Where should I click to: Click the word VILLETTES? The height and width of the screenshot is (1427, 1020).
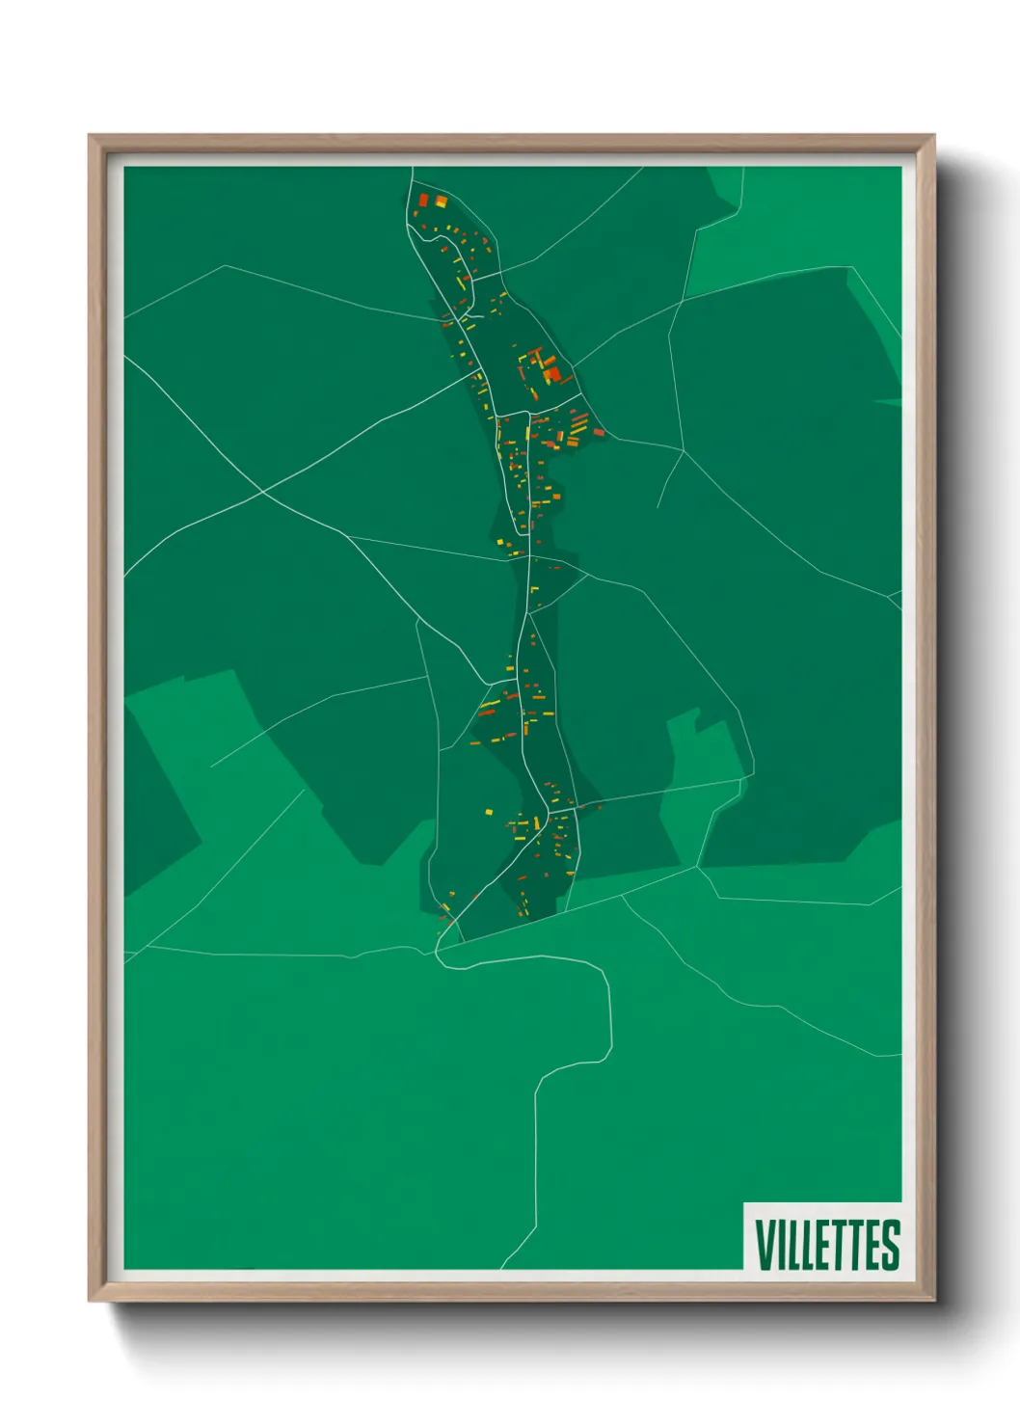[x=827, y=1245]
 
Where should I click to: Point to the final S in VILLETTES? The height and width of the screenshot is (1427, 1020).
[x=890, y=1245]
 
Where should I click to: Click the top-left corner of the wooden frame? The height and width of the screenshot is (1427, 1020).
[x=90, y=136]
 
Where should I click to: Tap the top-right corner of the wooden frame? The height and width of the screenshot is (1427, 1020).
[x=932, y=136]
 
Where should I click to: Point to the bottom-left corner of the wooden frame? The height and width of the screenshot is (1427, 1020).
[x=90, y=1301]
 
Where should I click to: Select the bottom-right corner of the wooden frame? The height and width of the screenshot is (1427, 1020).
[x=932, y=1301]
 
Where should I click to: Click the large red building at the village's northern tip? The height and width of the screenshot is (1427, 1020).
[x=422, y=201]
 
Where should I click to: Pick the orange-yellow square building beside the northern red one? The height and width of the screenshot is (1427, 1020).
[x=442, y=202]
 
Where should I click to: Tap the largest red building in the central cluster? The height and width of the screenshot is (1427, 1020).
[x=552, y=374]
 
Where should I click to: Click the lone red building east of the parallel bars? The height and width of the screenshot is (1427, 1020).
[x=599, y=432]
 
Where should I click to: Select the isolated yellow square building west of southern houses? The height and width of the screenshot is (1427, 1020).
[x=488, y=812]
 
